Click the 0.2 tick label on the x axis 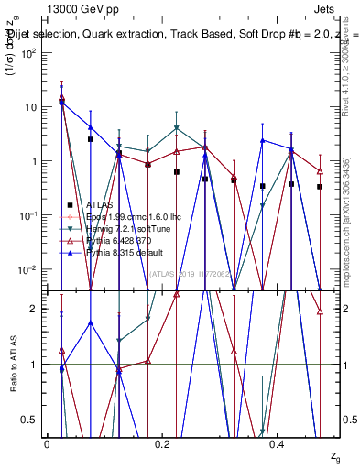[x=162, y=445]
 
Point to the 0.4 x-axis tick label [x=278, y=445]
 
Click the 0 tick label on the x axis [x=47, y=445]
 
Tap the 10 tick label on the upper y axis [x=32, y=107]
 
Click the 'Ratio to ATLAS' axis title [x=12, y=365]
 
